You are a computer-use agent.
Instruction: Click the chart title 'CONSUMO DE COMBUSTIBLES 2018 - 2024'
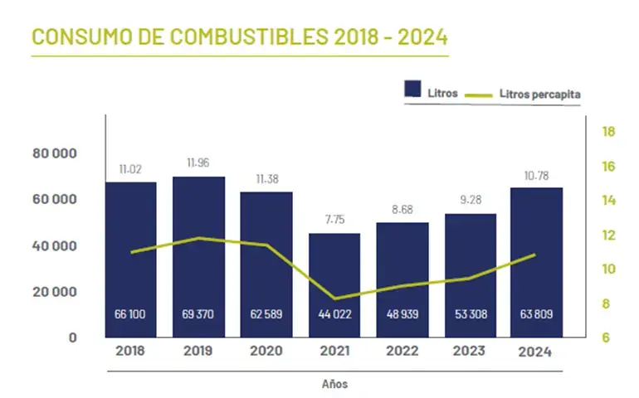(x=239, y=36)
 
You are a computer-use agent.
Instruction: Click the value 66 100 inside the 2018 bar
(x=131, y=314)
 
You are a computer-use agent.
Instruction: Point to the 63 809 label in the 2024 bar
(x=536, y=314)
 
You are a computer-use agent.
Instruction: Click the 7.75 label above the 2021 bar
(x=334, y=221)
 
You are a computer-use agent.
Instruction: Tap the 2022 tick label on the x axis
(x=402, y=352)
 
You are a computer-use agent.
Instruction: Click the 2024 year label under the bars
(x=536, y=352)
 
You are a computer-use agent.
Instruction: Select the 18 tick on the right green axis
(x=607, y=132)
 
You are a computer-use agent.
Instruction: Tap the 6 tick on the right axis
(x=607, y=337)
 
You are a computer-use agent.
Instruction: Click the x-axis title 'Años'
(x=334, y=384)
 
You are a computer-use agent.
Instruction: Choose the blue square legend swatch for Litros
(x=413, y=91)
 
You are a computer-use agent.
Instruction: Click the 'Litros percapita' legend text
(x=539, y=95)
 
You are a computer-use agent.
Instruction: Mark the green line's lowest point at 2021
(x=334, y=298)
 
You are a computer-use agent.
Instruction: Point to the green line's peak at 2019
(x=198, y=238)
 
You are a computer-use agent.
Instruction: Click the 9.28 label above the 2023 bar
(x=470, y=200)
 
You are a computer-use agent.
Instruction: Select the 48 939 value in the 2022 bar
(x=402, y=314)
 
